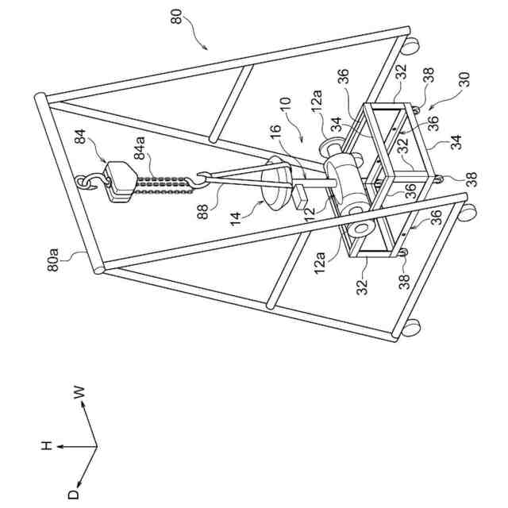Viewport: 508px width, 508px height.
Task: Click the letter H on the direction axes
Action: point(45,448)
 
